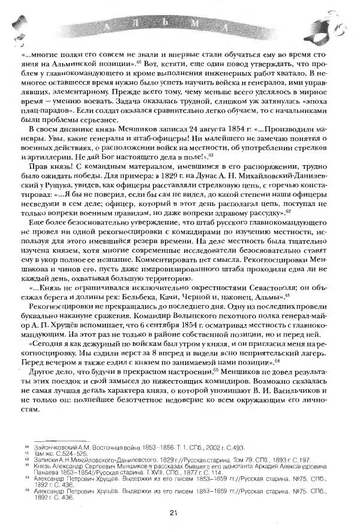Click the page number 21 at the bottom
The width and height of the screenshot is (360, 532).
(173, 512)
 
